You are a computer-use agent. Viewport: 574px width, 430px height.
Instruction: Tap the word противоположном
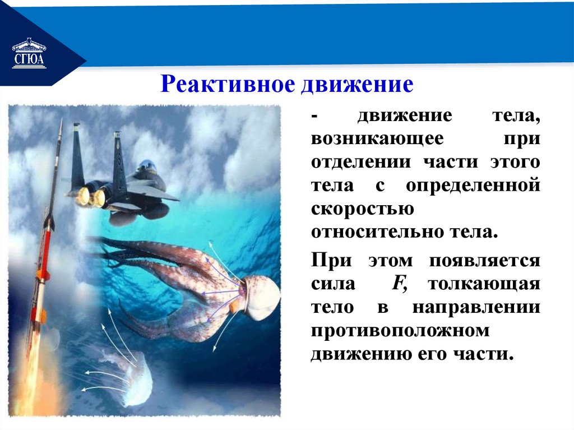point(400,330)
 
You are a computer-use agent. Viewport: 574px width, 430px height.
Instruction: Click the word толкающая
point(484,284)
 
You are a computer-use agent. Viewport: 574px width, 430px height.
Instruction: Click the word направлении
point(476,307)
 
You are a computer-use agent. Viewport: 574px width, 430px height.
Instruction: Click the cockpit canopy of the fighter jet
point(146,166)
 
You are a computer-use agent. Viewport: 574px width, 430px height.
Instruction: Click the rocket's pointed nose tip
point(60,122)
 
